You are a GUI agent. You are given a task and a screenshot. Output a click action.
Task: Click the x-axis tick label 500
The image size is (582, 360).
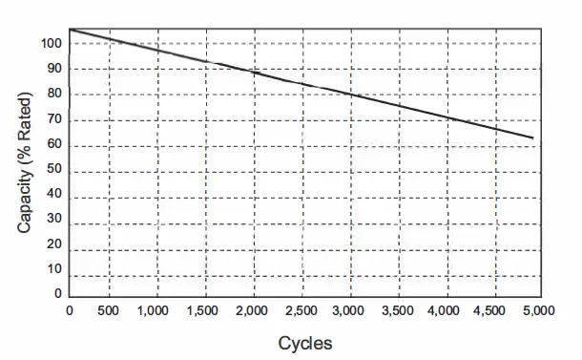(x=109, y=311)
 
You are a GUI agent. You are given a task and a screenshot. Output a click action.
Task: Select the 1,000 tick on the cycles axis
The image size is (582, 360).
(x=156, y=311)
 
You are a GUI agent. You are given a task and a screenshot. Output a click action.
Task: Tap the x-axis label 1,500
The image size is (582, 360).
(x=204, y=311)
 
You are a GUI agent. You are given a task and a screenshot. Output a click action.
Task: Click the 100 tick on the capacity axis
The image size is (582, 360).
(x=52, y=44)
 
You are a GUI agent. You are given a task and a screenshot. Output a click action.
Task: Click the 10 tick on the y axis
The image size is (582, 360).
(x=55, y=270)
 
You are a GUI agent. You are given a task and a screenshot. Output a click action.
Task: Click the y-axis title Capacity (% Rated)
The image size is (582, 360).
(x=25, y=162)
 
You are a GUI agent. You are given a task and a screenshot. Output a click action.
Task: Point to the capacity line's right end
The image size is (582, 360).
(x=532, y=138)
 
